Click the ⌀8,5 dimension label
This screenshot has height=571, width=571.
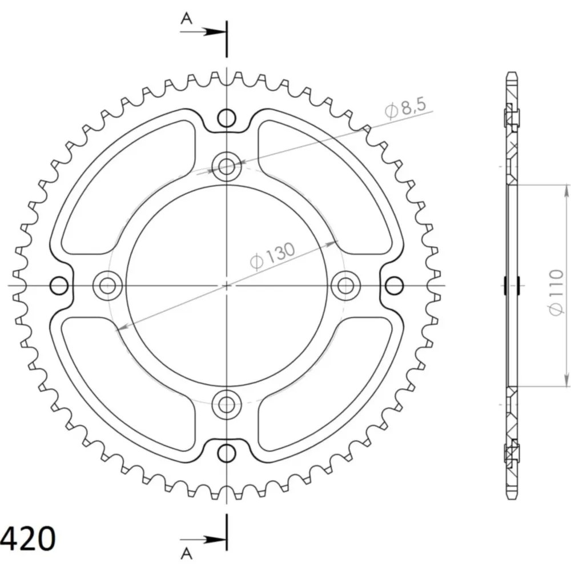click(405, 108)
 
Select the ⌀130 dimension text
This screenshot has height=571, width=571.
click(272, 255)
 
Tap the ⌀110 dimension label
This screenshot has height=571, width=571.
click(556, 292)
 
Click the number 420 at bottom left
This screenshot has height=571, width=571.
click(28, 538)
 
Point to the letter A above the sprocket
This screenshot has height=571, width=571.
click(187, 18)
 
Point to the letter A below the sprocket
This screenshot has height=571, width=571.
click(187, 553)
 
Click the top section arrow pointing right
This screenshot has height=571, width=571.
click(203, 31)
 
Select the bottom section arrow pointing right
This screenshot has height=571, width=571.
click(203, 540)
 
